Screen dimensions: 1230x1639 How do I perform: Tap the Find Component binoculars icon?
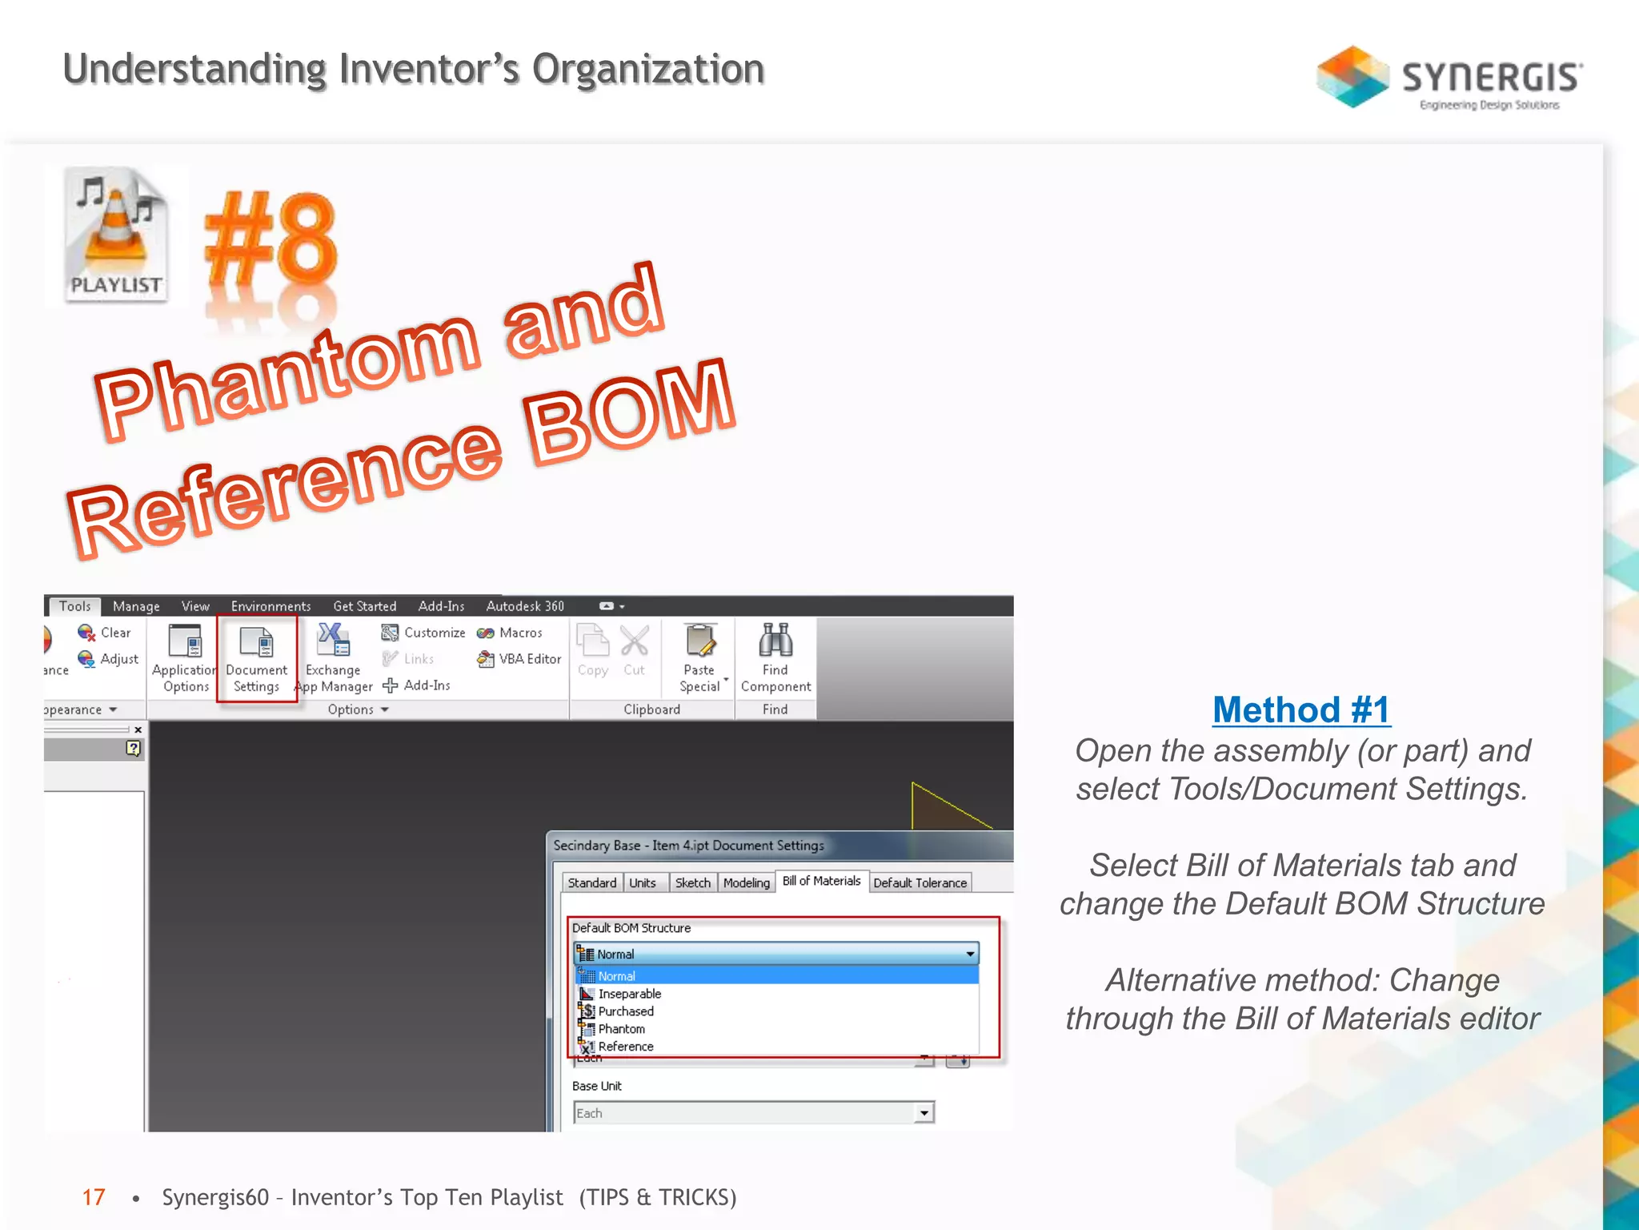coord(775,641)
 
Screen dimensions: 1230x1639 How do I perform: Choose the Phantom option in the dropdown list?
coord(621,1029)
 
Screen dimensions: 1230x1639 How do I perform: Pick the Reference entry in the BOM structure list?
coord(625,1047)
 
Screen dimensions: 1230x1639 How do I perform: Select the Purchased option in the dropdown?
coord(625,1011)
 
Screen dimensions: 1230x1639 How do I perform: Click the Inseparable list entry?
coord(629,994)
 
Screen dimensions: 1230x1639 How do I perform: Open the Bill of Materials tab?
coord(821,881)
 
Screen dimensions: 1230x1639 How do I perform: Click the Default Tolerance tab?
coord(920,882)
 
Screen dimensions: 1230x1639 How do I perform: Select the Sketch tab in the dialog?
coord(692,882)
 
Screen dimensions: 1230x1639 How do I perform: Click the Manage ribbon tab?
coord(136,606)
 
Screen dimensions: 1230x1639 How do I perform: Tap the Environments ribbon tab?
coord(270,606)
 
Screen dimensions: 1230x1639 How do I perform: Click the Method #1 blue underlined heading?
coord(1301,709)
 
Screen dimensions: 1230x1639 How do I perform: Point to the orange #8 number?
coord(270,240)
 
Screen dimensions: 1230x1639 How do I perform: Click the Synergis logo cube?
coord(1352,77)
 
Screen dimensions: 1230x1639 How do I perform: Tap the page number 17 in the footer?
coord(94,1197)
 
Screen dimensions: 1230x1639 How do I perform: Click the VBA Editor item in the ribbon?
coord(520,659)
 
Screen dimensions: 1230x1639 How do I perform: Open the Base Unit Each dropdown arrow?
coord(924,1113)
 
